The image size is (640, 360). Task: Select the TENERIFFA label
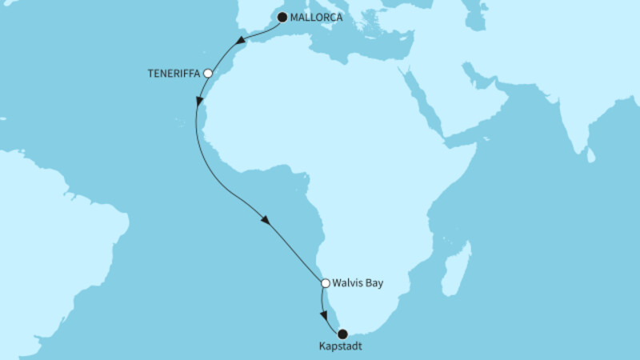pos(174,73)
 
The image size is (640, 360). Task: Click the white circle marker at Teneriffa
pos(208,73)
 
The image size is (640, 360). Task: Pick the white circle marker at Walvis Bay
pos(326,282)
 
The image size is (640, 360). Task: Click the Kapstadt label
pos(342,348)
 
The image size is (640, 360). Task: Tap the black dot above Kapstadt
pos(342,334)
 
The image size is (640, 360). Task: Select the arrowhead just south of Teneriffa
pos(198,102)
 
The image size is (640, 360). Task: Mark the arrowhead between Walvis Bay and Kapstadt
pos(324,314)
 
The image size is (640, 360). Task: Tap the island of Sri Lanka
pos(591,154)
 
